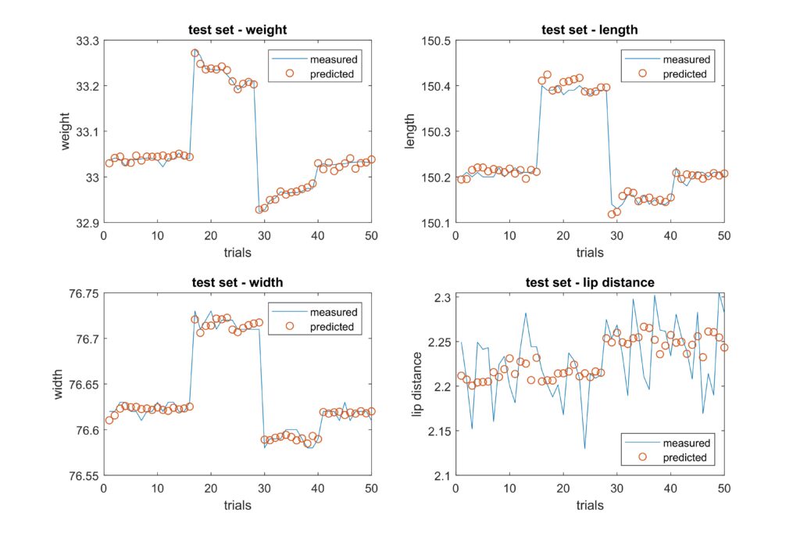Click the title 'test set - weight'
pos(237,30)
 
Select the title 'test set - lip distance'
pos(589,283)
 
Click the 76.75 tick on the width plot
pos(82,293)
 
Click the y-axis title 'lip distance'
pos(418,383)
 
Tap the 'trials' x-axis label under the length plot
pos(589,253)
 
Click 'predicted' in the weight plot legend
pos(331,74)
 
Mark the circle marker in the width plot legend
pos(290,327)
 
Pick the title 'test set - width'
pos(237,283)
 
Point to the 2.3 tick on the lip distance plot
pos(442,297)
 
